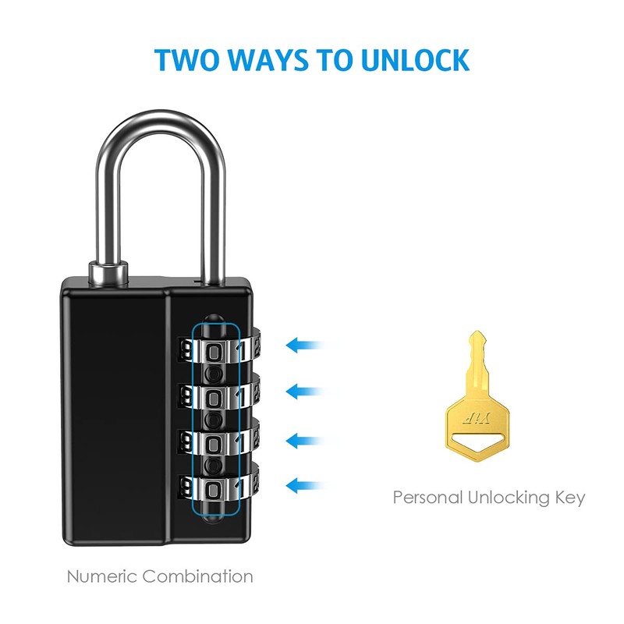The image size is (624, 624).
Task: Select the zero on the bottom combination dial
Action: pos(214,489)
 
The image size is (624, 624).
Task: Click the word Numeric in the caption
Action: pos(101,578)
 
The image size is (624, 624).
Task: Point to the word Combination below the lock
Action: pos(197,578)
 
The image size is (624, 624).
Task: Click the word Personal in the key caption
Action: pos(427,497)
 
